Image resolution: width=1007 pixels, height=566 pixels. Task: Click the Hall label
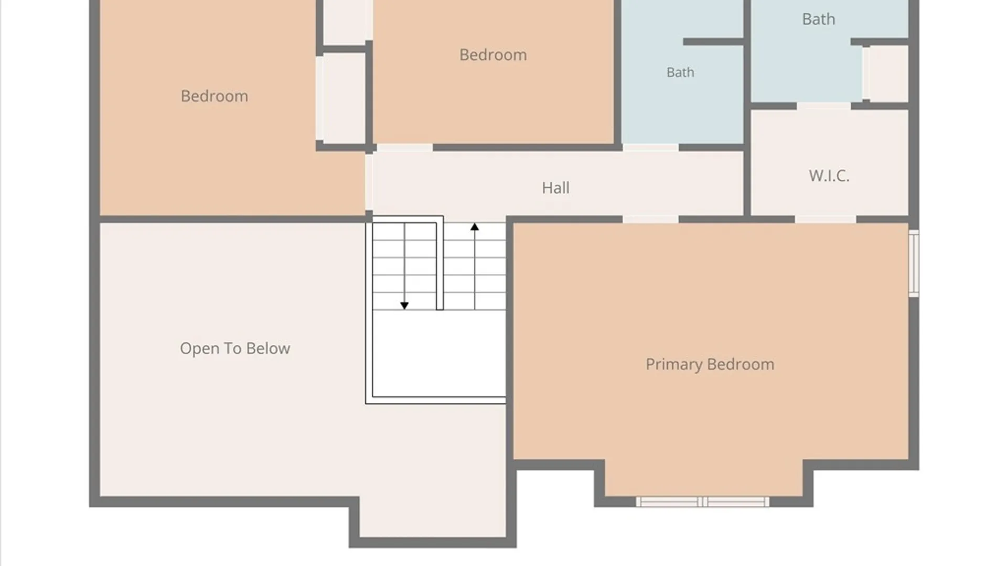tap(555, 188)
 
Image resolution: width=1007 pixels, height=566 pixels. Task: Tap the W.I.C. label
tap(829, 176)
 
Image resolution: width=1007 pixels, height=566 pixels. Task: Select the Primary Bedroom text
tap(710, 364)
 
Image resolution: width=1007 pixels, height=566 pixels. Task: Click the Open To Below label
tap(235, 349)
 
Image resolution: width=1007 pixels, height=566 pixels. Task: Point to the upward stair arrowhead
tap(475, 227)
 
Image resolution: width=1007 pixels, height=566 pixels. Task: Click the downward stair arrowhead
tap(404, 305)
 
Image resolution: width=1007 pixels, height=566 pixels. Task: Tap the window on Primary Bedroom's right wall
tap(914, 264)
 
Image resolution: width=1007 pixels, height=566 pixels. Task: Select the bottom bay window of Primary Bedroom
tap(703, 502)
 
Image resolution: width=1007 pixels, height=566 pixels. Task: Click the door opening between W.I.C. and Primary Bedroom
tap(826, 219)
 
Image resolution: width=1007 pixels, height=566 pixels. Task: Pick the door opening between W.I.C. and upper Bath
tap(823, 106)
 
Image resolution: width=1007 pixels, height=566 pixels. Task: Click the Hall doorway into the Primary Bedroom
tap(650, 219)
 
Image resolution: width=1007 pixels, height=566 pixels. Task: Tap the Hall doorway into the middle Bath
tap(651, 147)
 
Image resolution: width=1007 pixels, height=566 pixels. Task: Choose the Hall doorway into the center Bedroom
tap(405, 148)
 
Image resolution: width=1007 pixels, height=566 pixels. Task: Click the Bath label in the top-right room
tap(818, 19)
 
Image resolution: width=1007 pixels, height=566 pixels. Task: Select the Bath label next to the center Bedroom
tap(680, 72)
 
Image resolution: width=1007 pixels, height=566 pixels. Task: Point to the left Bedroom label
tap(214, 96)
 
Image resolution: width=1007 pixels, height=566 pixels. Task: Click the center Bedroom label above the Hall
tap(493, 55)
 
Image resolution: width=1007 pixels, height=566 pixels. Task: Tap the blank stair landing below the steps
tap(439, 353)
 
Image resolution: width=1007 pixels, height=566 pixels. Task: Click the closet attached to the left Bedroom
tap(344, 97)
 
